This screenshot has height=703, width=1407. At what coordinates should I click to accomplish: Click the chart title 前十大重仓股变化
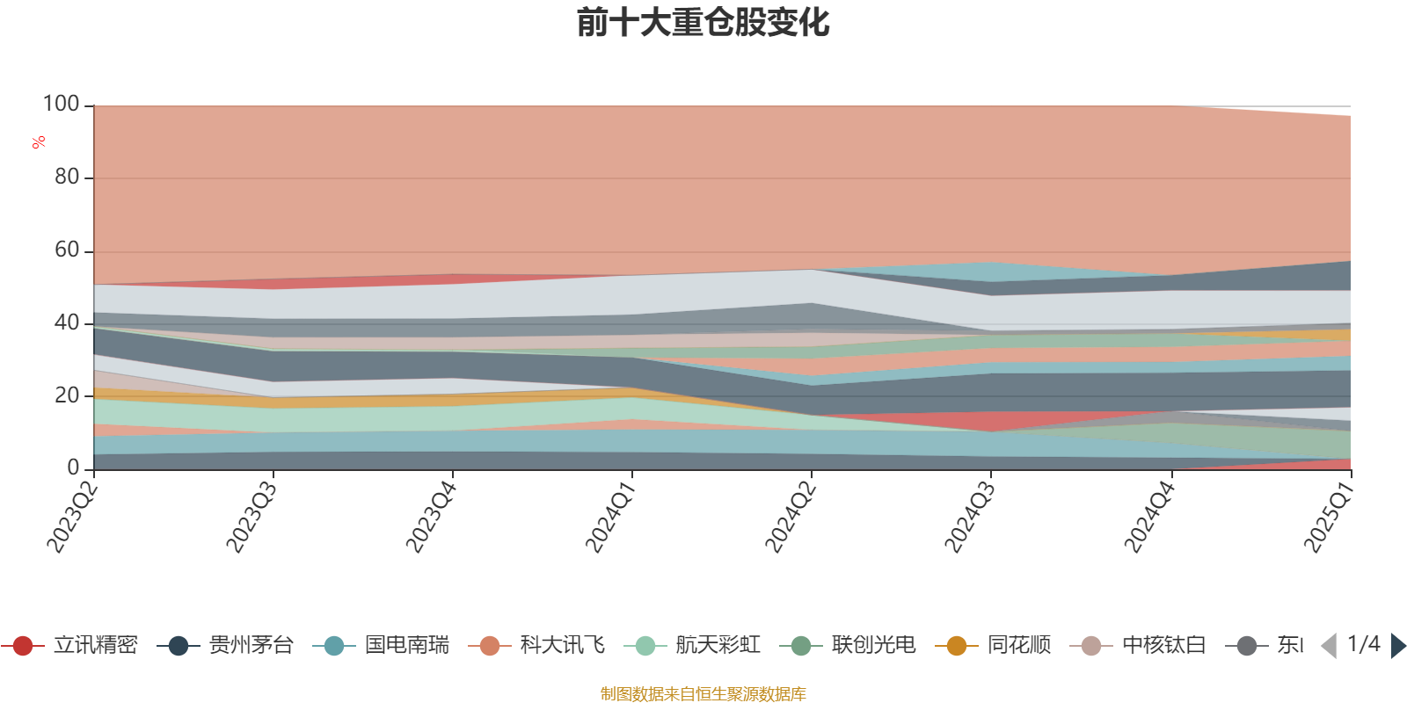pos(703,24)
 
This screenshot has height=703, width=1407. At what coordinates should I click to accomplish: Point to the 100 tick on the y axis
pos(62,105)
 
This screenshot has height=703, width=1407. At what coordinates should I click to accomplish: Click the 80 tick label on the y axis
pos(66,178)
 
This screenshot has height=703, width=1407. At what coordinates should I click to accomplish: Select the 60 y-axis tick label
pos(66,250)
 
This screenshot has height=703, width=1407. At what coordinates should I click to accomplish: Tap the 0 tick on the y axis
pos(73,468)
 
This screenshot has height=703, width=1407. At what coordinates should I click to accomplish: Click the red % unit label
pos(39,142)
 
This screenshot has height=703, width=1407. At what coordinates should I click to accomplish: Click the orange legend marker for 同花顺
pos(956,646)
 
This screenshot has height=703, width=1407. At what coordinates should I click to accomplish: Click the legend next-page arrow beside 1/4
pos(1397,646)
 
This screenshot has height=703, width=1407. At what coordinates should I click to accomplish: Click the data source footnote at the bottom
pos(703,694)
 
